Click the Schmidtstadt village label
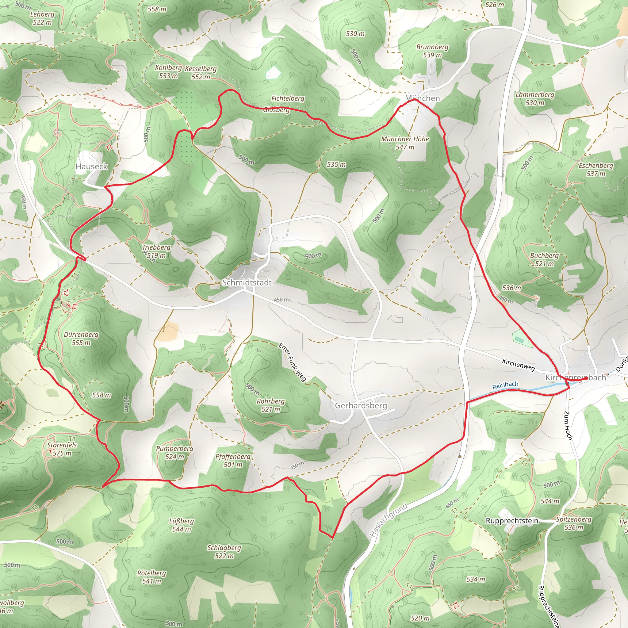pos(247,282)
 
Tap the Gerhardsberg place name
pos(361,405)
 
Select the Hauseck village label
pos(91,167)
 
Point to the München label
pos(422,98)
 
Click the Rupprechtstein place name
pos(512,520)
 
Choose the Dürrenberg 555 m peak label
pos(81,339)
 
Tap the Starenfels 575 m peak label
pos(62,449)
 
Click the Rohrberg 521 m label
pos(270,405)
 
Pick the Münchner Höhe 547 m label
pos(405,143)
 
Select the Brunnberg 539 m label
pos(432,51)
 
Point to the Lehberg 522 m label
pos(42,18)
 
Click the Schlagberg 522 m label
pos(224,552)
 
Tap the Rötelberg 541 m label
pos(151,577)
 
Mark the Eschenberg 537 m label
pos(596,169)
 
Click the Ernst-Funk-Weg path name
pos(292,362)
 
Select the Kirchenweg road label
pos(519,365)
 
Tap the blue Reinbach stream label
pos(505,385)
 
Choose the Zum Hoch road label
pos(568,426)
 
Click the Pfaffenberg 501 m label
pos(233,460)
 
